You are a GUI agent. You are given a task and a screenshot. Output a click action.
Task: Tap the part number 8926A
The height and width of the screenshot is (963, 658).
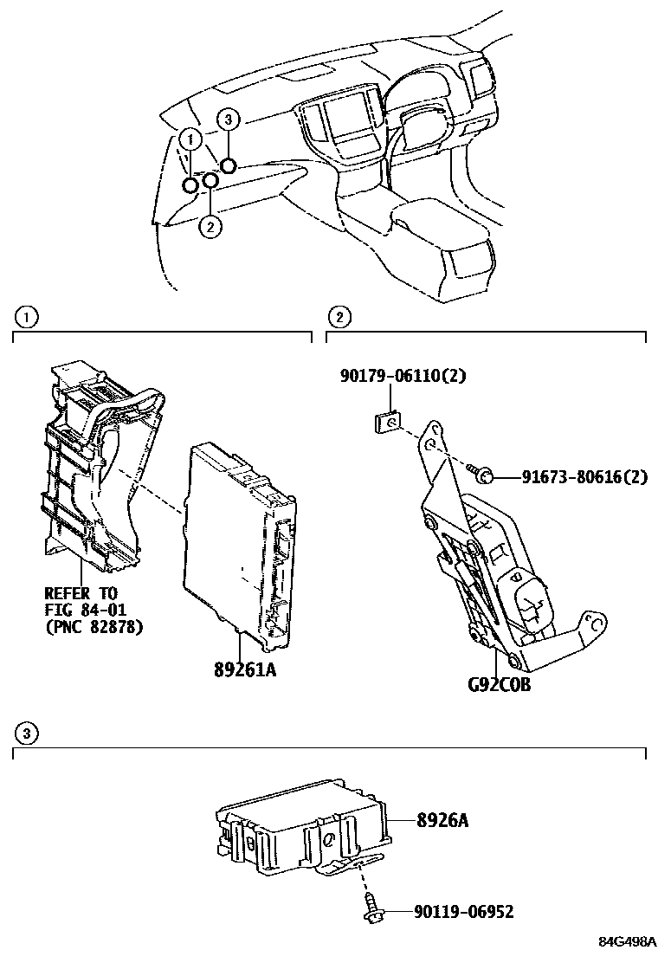tap(442, 818)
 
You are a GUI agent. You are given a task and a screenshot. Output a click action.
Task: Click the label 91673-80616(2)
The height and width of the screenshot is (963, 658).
tap(584, 476)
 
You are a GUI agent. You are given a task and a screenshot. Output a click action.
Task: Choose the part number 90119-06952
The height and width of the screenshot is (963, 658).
tap(463, 912)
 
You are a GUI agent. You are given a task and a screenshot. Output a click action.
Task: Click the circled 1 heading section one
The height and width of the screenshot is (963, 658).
tap(27, 318)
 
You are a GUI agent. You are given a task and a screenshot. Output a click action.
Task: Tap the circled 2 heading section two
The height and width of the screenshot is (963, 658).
tap(339, 318)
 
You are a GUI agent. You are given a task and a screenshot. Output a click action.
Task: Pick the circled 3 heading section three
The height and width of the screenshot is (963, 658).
tap(27, 734)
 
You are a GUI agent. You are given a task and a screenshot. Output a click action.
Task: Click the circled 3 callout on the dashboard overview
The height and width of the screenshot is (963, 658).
tap(227, 119)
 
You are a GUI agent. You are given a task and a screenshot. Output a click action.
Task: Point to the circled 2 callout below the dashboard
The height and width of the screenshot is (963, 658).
tap(210, 227)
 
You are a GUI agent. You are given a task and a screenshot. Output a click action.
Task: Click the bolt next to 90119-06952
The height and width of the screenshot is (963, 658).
tap(370, 910)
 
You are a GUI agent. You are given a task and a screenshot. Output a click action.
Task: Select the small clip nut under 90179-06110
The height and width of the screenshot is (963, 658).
tap(389, 423)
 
